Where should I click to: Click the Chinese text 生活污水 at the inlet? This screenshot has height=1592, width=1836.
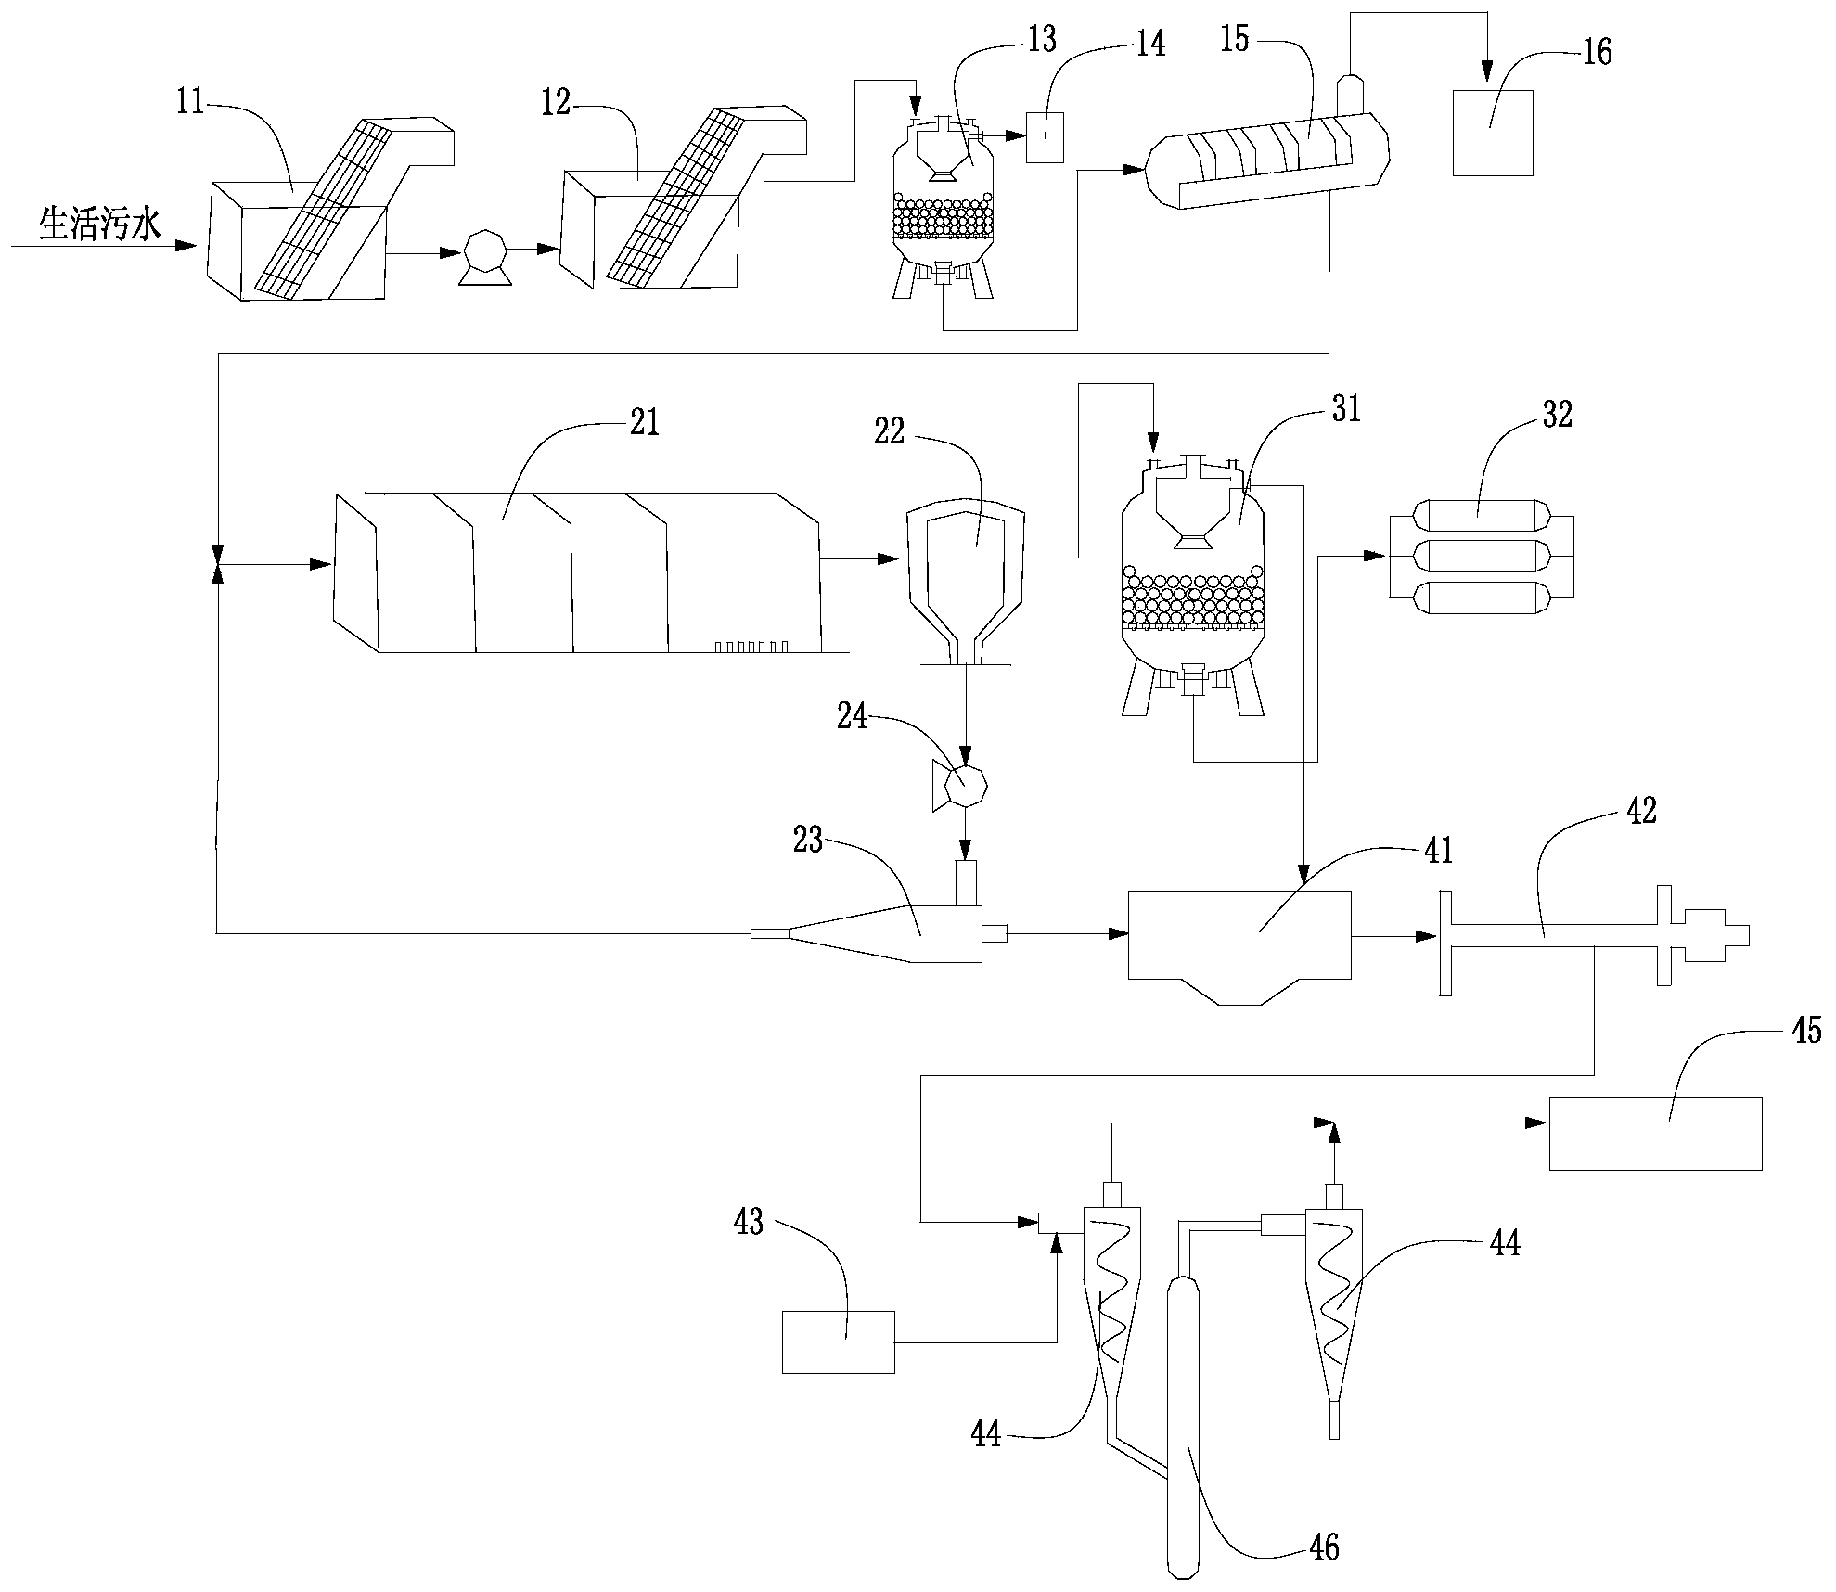coord(99,225)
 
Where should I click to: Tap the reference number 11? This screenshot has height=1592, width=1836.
coord(190,102)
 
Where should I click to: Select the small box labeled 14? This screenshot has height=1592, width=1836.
coord(1045,137)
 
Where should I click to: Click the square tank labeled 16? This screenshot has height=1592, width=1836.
coord(1492,133)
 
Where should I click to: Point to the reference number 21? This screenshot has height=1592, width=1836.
coord(644,422)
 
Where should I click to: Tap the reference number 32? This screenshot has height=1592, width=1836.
coord(1558,416)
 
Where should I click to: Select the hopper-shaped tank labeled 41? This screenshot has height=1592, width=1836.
coord(1239,942)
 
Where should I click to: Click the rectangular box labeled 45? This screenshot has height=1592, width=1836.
coord(1655,1133)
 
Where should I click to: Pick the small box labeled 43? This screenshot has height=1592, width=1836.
coord(838,1342)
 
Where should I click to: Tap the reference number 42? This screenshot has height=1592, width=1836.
coord(1641,811)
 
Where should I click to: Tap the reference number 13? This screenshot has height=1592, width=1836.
coord(1042,40)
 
